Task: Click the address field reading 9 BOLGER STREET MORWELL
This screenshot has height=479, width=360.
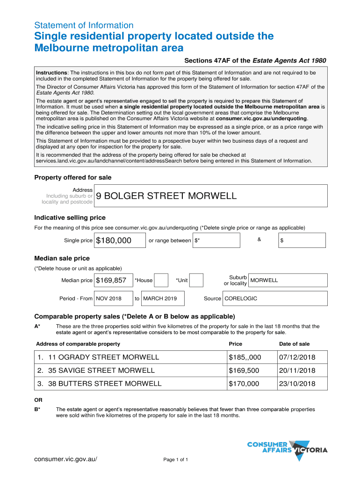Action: point(210,196)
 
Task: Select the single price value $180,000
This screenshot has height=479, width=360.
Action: point(119,240)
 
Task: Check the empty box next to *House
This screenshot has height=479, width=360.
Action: point(161,280)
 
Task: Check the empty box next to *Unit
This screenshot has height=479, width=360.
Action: point(196,280)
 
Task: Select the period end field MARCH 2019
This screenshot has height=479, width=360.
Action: point(162,298)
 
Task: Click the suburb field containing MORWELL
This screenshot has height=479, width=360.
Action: point(288,280)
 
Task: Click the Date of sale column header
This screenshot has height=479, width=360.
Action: point(294,344)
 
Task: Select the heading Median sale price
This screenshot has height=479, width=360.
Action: point(62,258)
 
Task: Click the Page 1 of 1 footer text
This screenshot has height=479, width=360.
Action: point(175,459)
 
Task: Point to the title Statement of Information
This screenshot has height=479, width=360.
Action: point(84,25)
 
